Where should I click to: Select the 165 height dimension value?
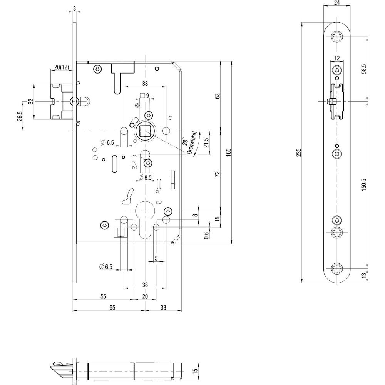[228, 152]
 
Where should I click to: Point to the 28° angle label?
[186, 141]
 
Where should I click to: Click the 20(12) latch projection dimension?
[61, 67]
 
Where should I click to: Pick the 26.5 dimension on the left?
[19, 116]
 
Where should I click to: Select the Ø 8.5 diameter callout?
[145, 177]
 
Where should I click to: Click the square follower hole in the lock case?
[145, 132]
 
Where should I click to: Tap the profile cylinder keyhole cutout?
[145, 223]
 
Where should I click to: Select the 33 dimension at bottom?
[163, 307]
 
